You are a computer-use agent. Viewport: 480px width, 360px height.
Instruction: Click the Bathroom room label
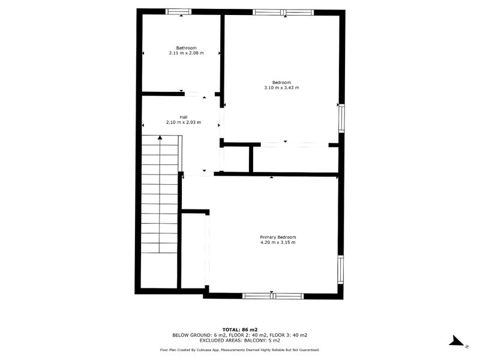186,48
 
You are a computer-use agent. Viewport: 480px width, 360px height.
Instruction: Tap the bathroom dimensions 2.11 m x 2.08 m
186,53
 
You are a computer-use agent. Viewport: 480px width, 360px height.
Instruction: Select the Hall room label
184,117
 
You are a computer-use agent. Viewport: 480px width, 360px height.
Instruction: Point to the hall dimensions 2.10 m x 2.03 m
184,122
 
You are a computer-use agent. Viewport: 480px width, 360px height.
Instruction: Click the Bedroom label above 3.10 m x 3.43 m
281,82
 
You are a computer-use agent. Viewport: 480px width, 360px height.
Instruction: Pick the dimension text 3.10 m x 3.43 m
281,88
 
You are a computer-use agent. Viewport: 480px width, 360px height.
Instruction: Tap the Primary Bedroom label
278,237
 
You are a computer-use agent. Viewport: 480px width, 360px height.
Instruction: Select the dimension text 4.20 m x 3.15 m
278,242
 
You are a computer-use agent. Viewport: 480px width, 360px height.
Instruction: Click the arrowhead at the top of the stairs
160,138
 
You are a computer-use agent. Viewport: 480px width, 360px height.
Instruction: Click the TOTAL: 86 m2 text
240,329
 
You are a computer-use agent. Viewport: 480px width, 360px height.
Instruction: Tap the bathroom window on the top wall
178,11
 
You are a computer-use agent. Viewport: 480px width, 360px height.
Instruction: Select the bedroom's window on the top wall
283,12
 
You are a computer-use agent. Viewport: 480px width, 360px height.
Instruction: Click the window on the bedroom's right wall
341,118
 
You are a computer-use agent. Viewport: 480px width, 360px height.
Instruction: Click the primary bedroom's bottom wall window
273,295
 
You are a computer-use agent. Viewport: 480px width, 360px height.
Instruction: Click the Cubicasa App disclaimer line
240,350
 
